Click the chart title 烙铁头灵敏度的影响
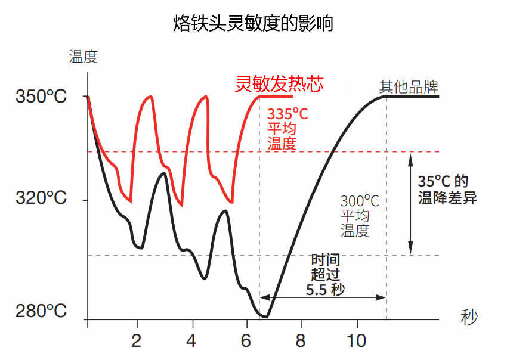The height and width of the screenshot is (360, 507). click(x=253, y=24)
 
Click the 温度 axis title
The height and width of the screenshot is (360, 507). click(x=83, y=57)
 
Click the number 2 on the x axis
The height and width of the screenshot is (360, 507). click(x=137, y=342)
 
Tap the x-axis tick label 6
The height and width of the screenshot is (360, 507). click(x=246, y=342)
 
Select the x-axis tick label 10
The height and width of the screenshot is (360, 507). click(x=357, y=342)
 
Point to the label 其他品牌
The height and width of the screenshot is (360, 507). click(x=409, y=86)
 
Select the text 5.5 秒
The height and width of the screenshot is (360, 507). click(x=326, y=290)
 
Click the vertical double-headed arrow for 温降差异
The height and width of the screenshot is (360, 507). click(x=410, y=203)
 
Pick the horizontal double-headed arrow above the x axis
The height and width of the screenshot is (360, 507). click(x=323, y=297)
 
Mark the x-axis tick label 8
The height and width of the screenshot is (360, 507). click(x=301, y=342)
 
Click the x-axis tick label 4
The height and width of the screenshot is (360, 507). click(x=191, y=342)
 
